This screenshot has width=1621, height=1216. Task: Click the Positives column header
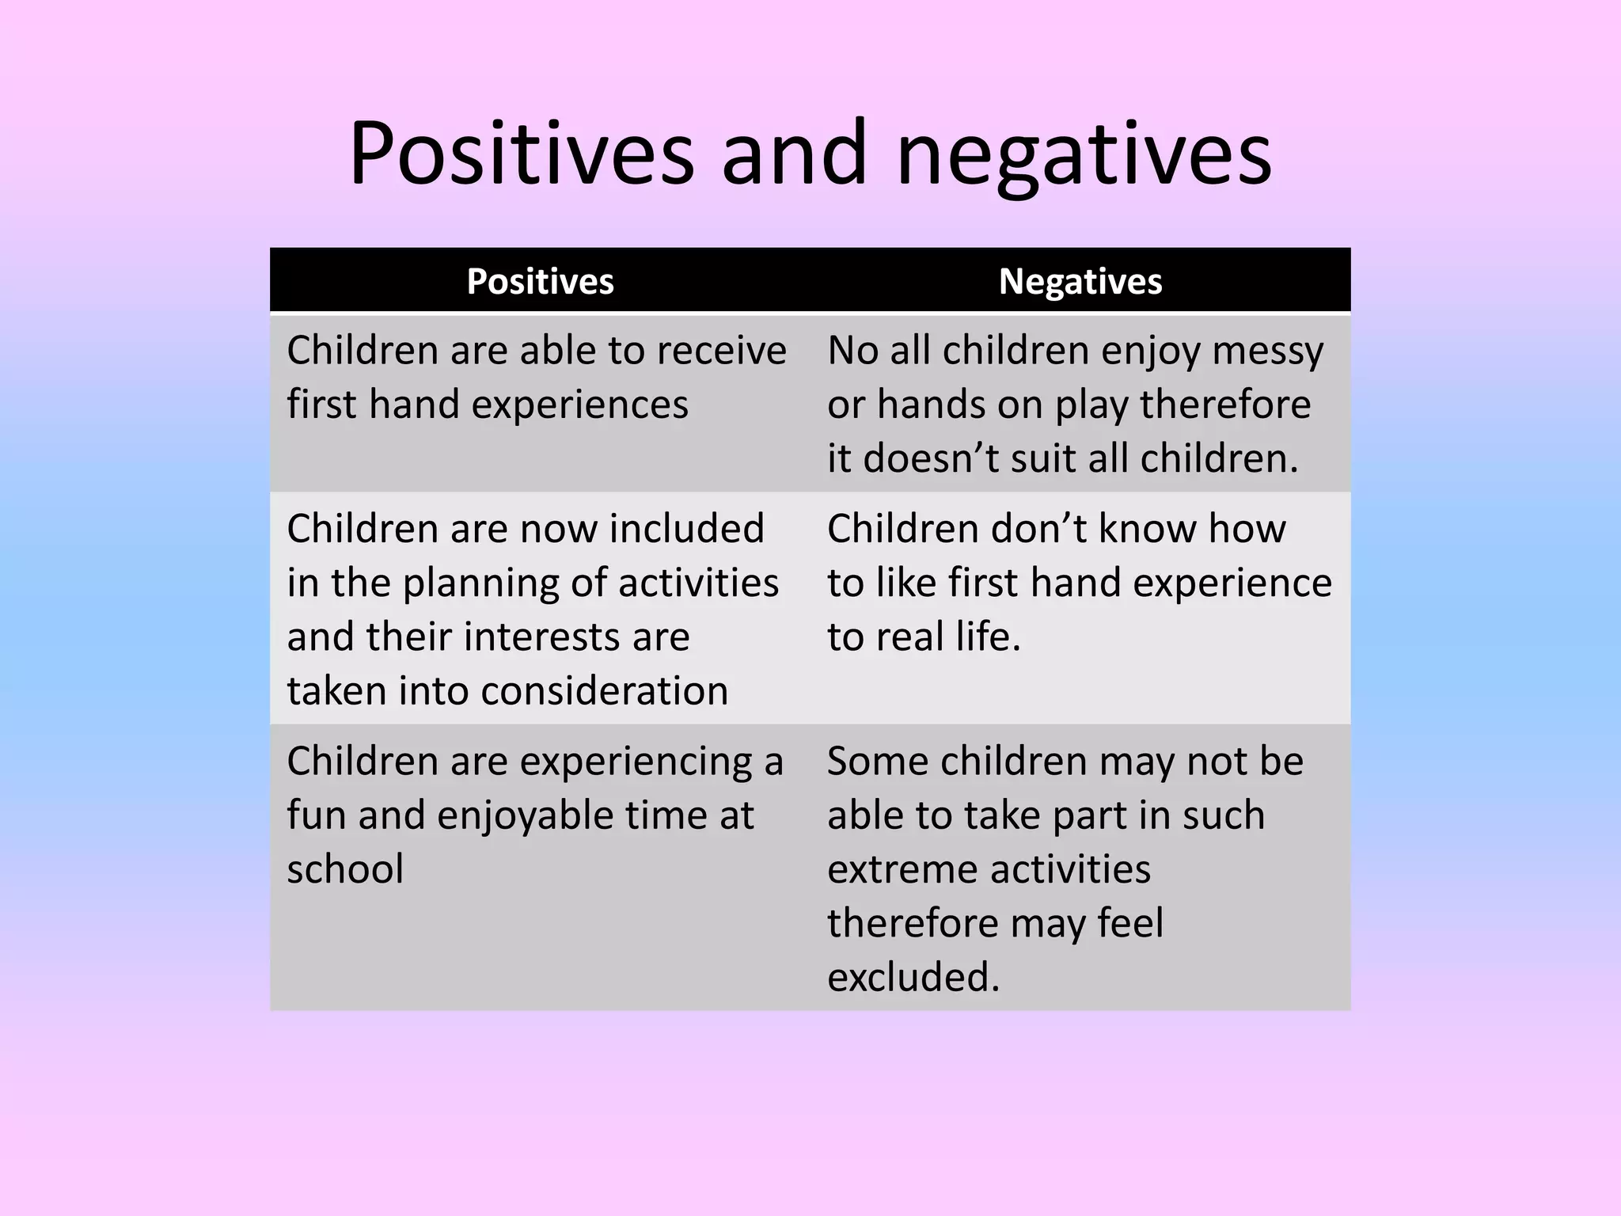tap(540, 282)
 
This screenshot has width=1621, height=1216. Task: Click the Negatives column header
tap(1080, 282)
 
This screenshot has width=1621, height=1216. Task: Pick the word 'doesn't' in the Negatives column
tap(931, 458)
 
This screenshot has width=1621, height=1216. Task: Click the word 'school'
tap(345, 869)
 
